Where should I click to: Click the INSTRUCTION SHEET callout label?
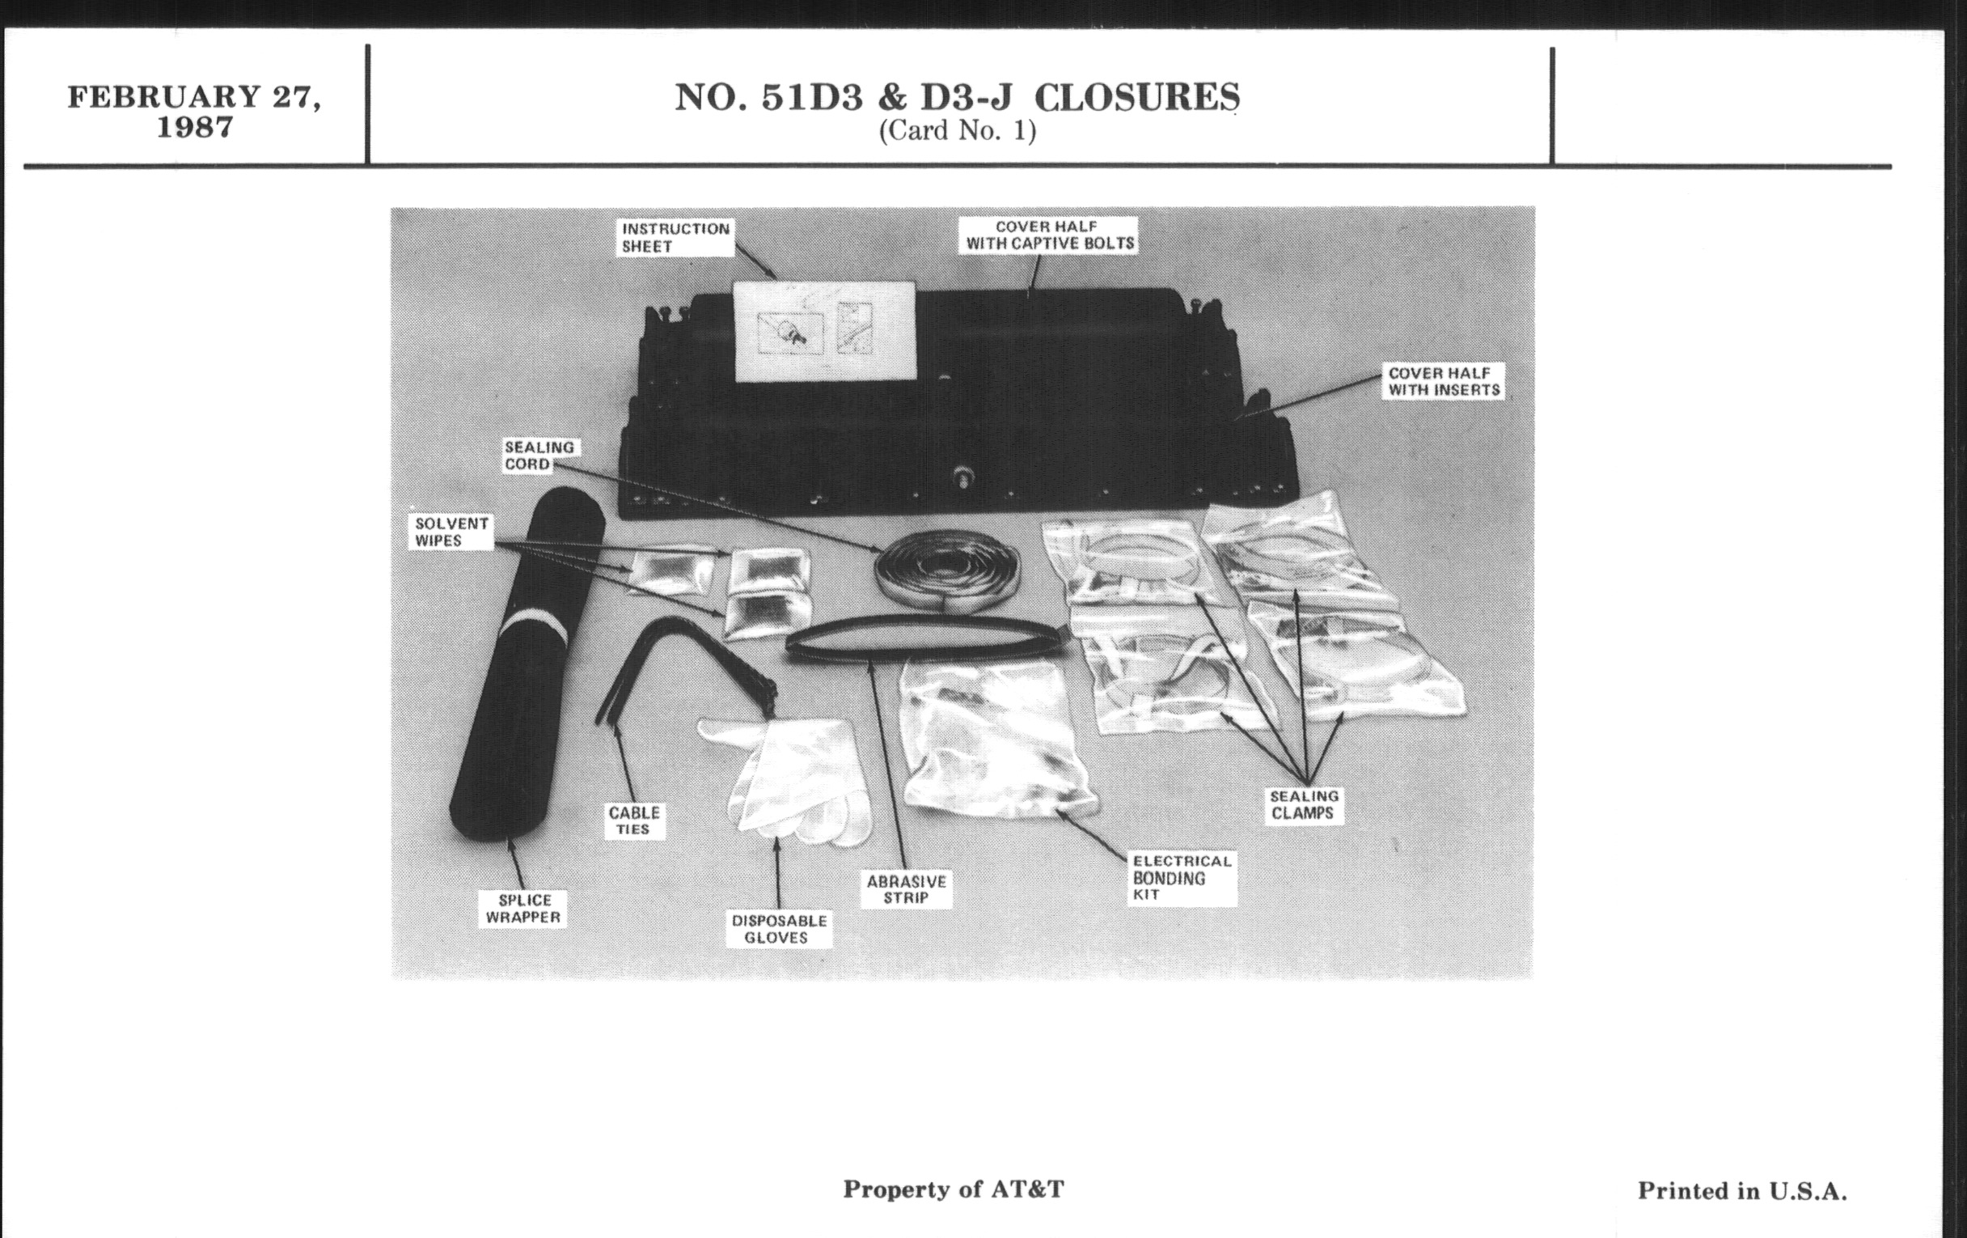pyautogui.click(x=675, y=238)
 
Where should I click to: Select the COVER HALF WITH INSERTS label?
pyautogui.click(x=1444, y=382)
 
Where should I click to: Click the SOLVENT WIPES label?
pyautogui.click(x=451, y=532)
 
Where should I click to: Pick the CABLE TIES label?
pyautogui.click(x=634, y=820)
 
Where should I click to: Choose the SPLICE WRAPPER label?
pyautogui.click(x=523, y=909)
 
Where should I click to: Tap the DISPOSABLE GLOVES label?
pyautogui.click(x=778, y=929)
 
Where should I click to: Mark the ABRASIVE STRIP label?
pyautogui.click(x=906, y=889)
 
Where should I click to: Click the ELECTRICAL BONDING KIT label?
pyautogui.click(x=1180, y=878)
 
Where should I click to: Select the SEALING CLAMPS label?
pyautogui.click(x=1304, y=805)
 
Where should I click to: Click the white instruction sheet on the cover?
pyautogui.click(x=824, y=331)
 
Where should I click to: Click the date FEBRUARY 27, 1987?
pyautogui.click(x=194, y=111)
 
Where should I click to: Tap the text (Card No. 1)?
pyautogui.click(x=958, y=131)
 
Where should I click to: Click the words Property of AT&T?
pyautogui.click(x=954, y=1189)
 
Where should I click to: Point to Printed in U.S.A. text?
pyautogui.click(x=1741, y=1191)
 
